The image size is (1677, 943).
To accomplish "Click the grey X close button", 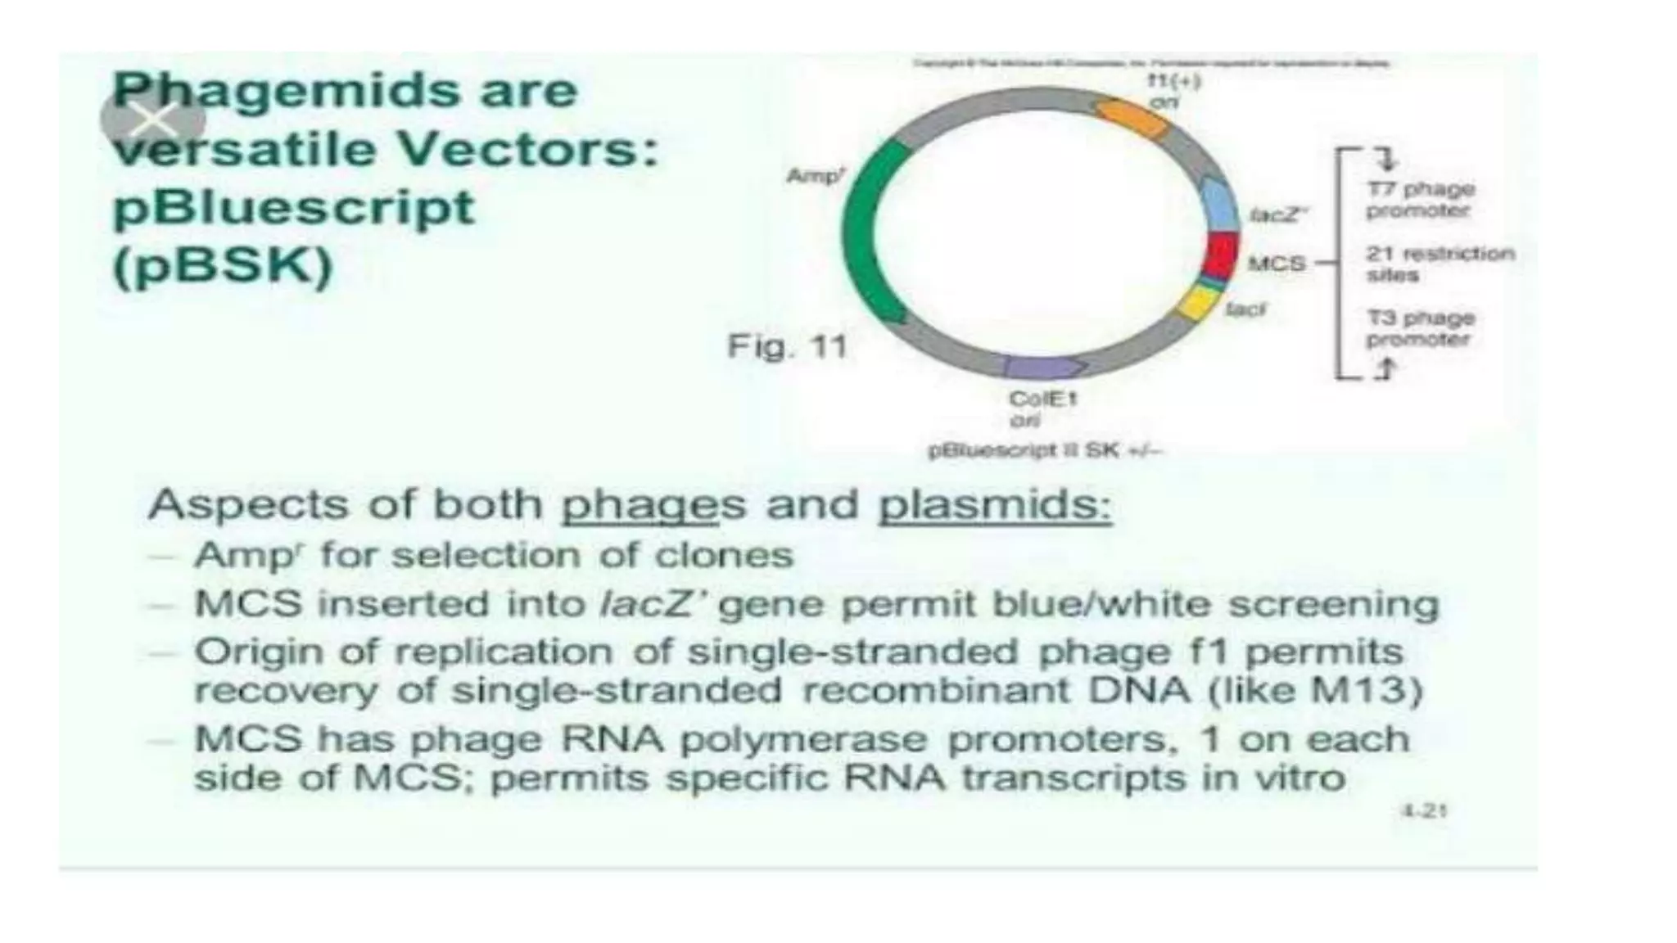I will click(x=153, y=120).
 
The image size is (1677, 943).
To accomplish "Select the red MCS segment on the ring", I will click(x=1219, y=255).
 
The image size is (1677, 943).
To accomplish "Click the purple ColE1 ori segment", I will click(x=1045, y=367).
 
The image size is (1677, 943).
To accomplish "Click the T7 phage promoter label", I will click(x=1420, y=200).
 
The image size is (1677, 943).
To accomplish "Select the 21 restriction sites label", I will click(x=1439, y=264).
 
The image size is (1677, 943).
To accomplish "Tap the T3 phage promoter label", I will click(x=1420, y=328).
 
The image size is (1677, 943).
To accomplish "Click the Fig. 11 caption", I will click(x=787, y=346).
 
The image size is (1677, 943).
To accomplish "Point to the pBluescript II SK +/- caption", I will click(x=1045, y=450).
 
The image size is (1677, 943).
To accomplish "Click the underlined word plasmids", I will click(x=994, y=505).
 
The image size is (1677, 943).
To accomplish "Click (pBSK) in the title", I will click(x=223, y=266).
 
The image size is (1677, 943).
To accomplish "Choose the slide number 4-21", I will click(x=1424, y=810).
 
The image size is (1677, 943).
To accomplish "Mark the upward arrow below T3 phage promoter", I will click(x=1384, y=370).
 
